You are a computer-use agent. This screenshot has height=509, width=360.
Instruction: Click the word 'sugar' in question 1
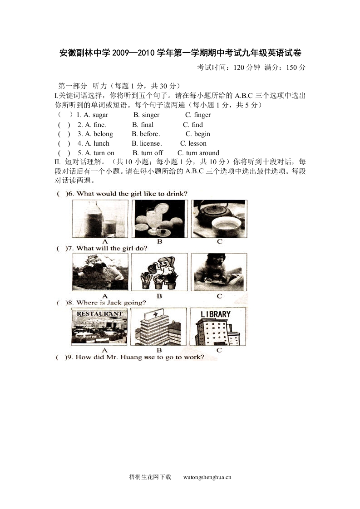pos(100,115)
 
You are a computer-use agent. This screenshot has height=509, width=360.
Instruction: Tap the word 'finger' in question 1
pos(202,115)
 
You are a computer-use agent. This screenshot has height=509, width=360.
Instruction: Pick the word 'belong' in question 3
pos(103,134)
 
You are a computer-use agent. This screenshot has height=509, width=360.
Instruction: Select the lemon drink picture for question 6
pos(159,219)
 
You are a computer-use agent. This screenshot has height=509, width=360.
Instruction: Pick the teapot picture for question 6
pos(219,219)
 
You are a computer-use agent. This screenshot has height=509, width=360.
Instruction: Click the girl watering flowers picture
pos(159,272)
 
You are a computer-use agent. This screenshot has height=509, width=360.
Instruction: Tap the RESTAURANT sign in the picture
pos(100,313)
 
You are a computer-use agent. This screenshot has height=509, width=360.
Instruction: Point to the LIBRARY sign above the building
pos(216,314)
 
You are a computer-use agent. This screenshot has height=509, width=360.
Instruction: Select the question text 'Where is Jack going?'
pos(111,303)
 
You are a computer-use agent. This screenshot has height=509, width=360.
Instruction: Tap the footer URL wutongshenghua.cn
pos(207,477)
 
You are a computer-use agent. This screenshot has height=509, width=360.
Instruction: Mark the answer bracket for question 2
pos(64,125)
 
